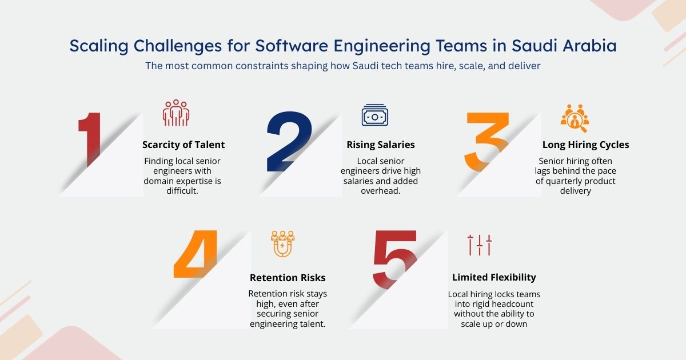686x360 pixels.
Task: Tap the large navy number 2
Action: click(x=289, y=142)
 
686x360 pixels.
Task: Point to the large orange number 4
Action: click(x=196, y=254)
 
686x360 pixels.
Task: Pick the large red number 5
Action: click(x=395, y=257)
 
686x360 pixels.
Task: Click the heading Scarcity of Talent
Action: click(x=184, y=145)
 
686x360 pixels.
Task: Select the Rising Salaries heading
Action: click(x=380, y=145)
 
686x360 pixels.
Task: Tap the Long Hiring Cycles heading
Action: click(x=585, y=145)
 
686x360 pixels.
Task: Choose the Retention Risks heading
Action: click(x=288, y=278)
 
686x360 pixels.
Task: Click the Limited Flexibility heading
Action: click(x=494, y=277)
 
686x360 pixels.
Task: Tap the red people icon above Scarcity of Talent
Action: click(x=176, y=113)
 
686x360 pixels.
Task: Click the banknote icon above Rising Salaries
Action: click(x=374, y=115)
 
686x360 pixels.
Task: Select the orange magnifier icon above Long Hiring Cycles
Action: click(x=574, y=117)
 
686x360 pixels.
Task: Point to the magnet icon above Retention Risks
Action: click(x=282, y=244)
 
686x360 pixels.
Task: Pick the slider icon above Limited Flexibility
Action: click(x=479, y=245)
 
